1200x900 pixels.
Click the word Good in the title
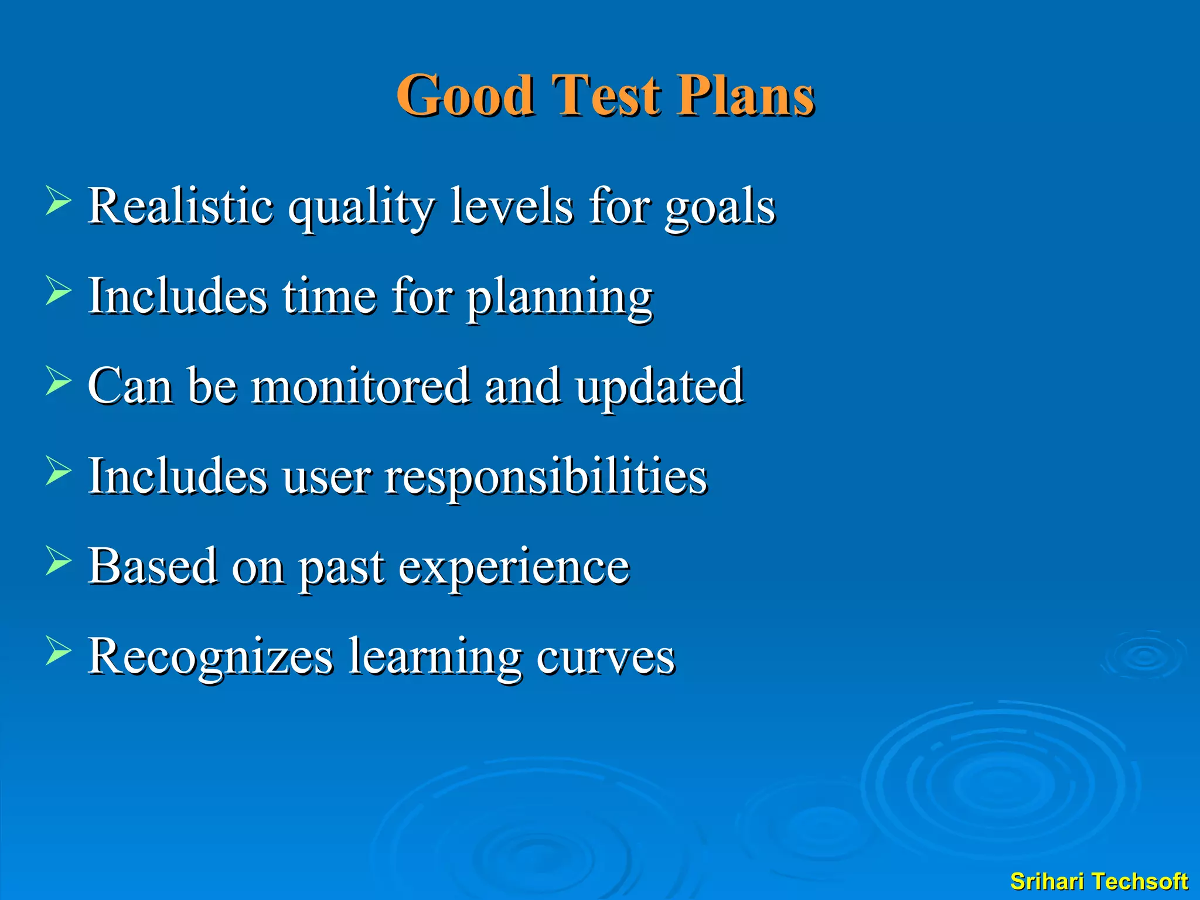pos(465,96)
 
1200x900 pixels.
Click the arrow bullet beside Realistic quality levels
pos(58,202)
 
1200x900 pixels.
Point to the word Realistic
pos(180,206)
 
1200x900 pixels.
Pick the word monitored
pos(360,386)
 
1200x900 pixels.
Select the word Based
pos(152,565)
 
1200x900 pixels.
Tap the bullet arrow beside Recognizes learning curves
pos(58,652)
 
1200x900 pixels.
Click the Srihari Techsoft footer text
pos(1099,881)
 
